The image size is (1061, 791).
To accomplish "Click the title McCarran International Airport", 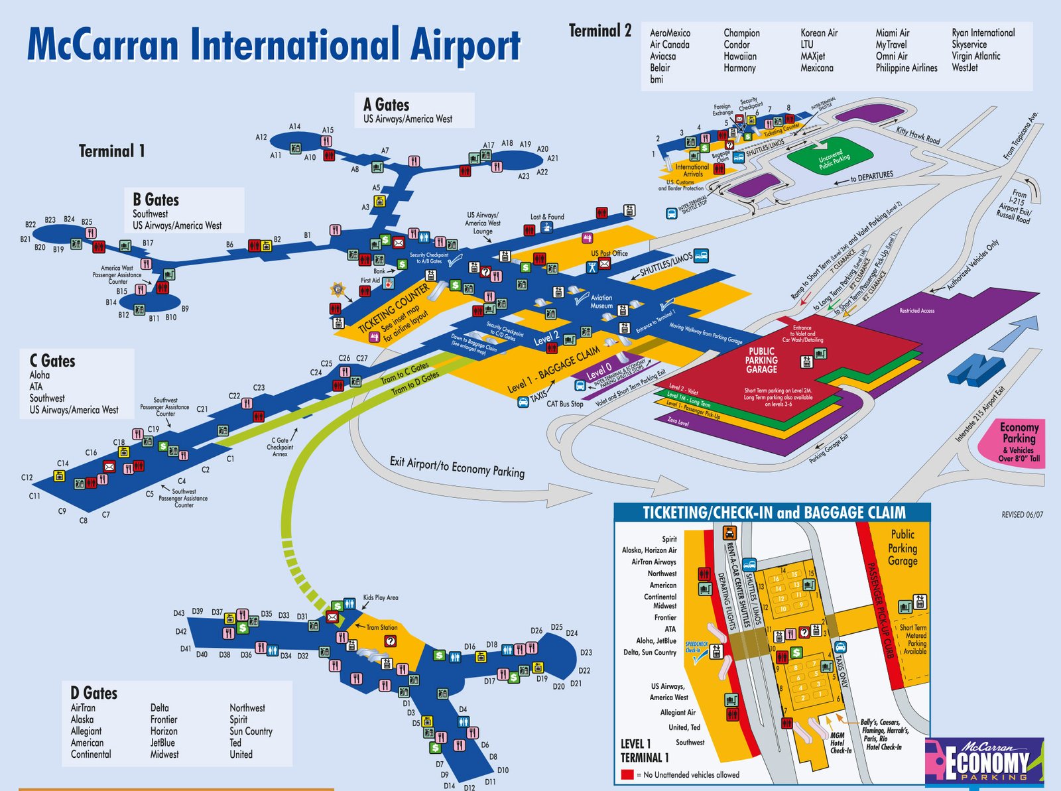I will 273,45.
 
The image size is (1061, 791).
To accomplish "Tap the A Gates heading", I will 386,105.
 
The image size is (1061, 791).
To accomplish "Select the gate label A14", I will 294,127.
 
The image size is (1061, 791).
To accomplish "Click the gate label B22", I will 31,225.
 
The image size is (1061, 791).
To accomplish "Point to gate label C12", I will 27,477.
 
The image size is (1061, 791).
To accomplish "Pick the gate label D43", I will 179,613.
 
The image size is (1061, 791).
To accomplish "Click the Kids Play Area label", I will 381,597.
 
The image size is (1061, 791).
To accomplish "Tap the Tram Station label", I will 382,627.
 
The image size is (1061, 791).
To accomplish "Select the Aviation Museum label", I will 601,302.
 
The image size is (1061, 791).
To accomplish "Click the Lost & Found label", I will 547,217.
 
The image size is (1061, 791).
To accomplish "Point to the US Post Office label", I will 609,253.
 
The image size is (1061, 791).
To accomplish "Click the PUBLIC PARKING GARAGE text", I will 761,360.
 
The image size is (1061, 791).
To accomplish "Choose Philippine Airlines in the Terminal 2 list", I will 906,68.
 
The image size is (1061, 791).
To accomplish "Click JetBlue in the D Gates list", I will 162,743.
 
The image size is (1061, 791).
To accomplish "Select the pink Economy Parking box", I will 1019,442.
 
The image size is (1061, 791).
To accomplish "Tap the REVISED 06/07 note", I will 1022,515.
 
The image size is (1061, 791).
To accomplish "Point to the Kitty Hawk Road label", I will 918,135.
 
